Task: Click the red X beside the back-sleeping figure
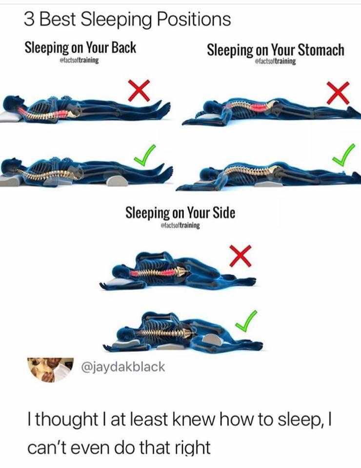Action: coord(139,91)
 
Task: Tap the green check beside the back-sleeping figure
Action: coord(145,155)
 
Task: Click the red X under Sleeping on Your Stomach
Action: coord(338,93)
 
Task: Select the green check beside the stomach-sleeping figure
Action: coord(344,155)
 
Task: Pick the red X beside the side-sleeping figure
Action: coord(241,256)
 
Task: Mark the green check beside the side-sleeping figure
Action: coord(246,321)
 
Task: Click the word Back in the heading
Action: coord(123,48)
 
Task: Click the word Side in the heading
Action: coord(224,213)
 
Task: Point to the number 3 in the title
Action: coord(29,20)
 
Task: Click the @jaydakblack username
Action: coord(123,366)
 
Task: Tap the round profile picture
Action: coord(50,369)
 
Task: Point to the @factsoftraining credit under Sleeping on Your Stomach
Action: coord(275,61)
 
